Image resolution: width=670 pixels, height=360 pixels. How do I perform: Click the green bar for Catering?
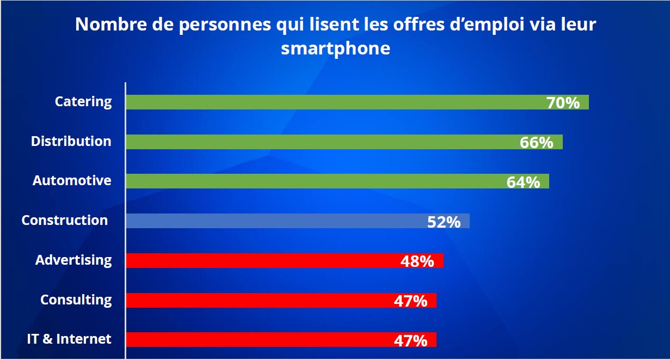[327, 102]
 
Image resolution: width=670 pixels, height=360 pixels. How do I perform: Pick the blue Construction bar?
[272, 221]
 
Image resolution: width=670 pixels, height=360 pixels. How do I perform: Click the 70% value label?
[563, 103]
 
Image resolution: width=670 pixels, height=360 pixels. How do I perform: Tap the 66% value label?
[537, 143]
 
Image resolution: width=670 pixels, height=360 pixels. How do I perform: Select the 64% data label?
[523, 182]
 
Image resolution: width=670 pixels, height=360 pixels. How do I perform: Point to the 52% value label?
[444, 222]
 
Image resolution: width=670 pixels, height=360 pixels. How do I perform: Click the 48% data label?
[417, 261]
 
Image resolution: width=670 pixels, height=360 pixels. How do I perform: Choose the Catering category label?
[83, 102]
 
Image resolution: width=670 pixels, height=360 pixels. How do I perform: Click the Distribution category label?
[71, 142]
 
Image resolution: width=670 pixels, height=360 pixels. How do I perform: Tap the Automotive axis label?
[72, 181]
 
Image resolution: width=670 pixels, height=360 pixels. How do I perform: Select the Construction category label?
[65, 221]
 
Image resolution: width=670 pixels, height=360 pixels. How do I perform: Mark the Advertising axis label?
[73, 260]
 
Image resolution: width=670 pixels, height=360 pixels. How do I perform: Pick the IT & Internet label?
[69, 339]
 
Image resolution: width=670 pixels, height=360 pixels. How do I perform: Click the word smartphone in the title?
[335, 48]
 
